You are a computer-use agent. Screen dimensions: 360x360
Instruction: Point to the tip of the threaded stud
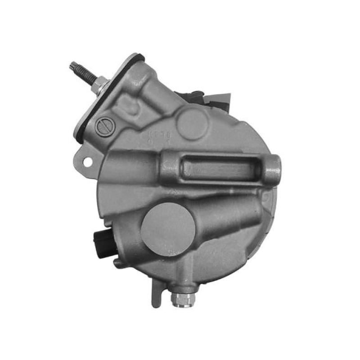[72, 66]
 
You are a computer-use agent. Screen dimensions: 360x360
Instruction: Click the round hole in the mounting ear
[87, 160]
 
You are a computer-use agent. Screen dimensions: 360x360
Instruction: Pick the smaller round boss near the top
[192, 123]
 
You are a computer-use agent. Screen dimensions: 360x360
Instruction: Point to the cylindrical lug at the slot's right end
[272, 170]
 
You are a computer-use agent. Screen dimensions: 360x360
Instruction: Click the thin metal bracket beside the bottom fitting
[156, 292]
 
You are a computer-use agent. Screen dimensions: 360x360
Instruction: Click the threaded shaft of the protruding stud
[83, 74]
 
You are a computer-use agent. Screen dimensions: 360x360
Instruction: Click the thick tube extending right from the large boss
[225, 216]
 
